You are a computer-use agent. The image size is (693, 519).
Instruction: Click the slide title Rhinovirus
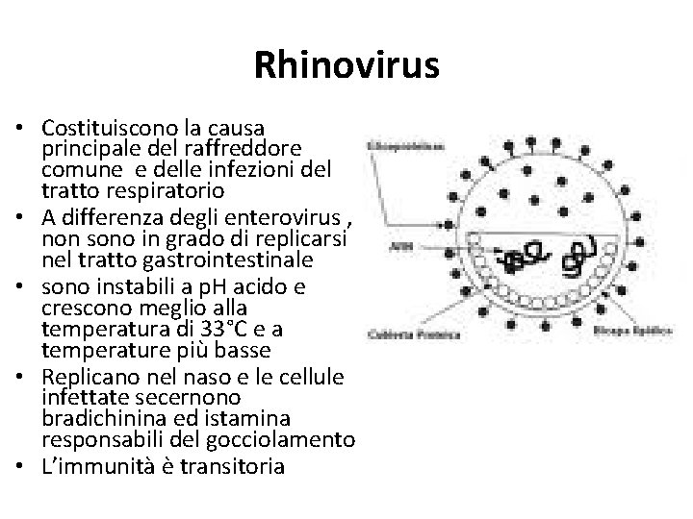coord(346,65)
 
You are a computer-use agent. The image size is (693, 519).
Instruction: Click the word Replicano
coord(89,377)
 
